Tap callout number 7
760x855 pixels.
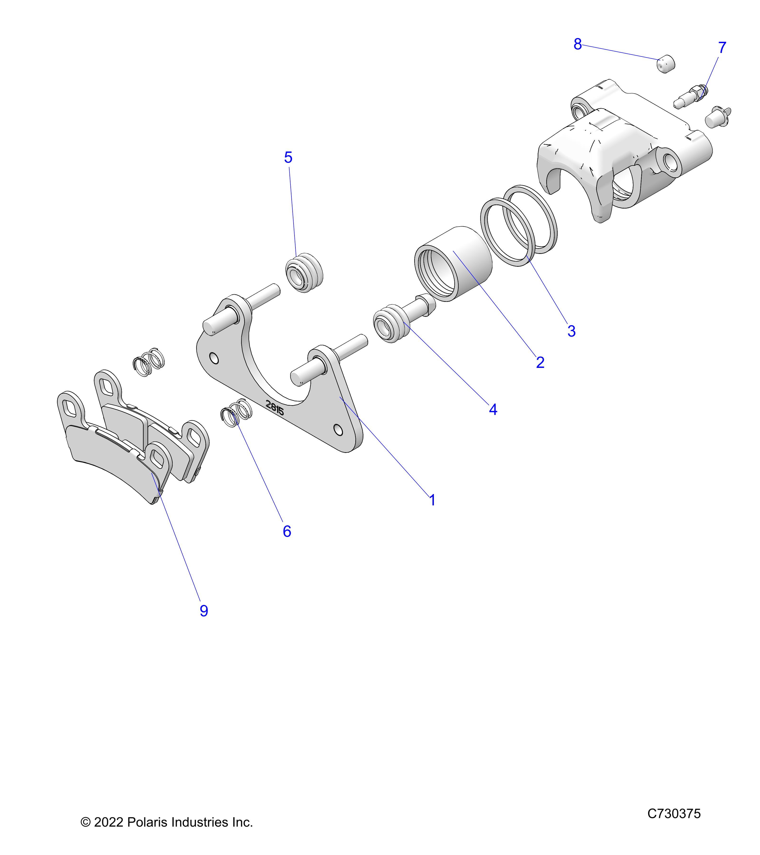pyautogui.click(x=722, y=48)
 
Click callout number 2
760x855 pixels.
pyautogui.click(x=540, y=362)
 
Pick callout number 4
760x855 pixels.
pyautogui.click(x=493, y=409)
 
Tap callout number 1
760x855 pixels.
pyautogui.click(x=432, y=500)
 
